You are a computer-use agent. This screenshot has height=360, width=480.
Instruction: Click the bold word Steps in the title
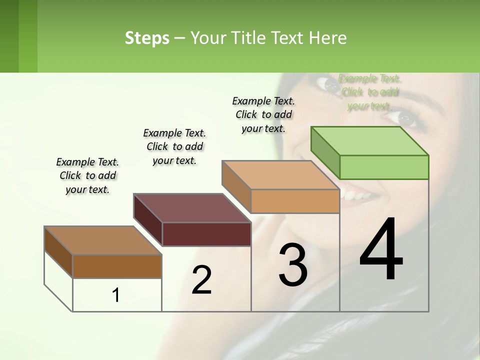[147, 38]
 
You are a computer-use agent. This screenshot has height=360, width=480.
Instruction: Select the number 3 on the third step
[293, 264]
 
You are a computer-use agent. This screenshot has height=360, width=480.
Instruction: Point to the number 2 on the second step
[201, 280]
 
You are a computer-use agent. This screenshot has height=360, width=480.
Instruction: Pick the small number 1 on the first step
[116, 295]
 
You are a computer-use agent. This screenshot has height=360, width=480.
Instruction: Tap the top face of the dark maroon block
[192, 208]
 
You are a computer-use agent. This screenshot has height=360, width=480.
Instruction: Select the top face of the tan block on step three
[280, 175]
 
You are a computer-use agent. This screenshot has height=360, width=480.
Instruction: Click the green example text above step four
[369, 92]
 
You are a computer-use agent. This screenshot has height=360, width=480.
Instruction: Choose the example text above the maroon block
[174, 146]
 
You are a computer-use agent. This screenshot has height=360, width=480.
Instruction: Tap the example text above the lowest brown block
[87, 175]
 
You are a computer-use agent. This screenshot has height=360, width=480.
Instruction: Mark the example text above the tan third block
[263, 114]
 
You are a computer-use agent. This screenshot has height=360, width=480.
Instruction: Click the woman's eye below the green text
[405, 118]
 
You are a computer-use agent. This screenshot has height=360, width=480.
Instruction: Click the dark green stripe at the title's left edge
[9, 36]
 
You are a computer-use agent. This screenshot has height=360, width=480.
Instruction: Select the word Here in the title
[329, 38]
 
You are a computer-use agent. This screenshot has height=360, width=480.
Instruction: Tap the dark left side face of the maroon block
[148, 220]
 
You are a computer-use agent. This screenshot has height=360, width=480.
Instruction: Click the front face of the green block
[384, 167]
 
